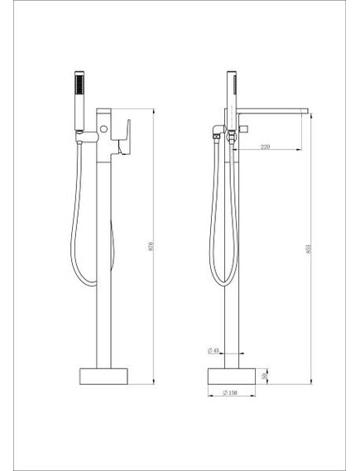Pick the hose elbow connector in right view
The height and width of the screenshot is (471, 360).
(x=216, y=133)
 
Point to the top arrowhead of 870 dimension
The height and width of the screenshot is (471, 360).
(x=154, y=109)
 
